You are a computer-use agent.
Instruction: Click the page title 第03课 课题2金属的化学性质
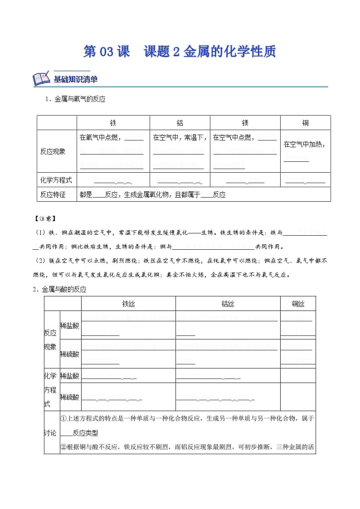[180, 52]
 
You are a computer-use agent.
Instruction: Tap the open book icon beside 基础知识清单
[42, 79]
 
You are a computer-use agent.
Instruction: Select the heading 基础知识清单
[76, 79]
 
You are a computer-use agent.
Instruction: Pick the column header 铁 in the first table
[113, 123]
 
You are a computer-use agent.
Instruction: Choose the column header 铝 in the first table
[180, 123]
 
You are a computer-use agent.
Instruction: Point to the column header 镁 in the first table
[245, 123]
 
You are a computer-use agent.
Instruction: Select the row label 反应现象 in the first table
[53, 151]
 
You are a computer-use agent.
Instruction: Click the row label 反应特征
[53, 194]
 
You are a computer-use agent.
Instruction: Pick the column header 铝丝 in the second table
[228, 304]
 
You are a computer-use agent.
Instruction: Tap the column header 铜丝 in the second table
[298, 304]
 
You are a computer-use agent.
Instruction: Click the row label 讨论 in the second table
[51, 433]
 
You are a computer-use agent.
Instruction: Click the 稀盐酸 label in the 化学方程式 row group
[69, 376]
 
